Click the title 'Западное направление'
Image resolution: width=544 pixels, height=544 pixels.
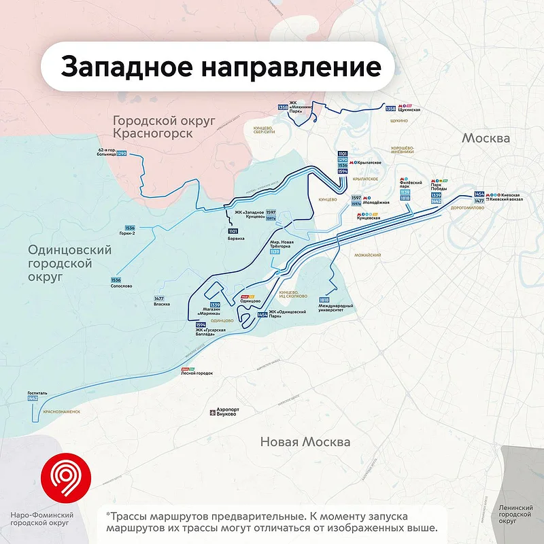pyautogui.click(x=220, y=67)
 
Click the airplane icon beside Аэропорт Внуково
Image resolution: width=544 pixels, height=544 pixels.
pyautogui.click(x=211, y=412)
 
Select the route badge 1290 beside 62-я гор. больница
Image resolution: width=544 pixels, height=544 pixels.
pyautogui.click(x=122, y=154)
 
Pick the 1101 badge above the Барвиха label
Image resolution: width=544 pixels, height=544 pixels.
pyautogui.click(x=233, y=232)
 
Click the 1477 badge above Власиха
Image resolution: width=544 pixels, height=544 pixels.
pyautogui.click(x=159, y=299)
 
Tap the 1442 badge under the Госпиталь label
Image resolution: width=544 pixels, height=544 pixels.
pyautogui.click(x=33, y=398)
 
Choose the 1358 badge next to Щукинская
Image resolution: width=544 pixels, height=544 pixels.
pyautogui.click(x=390, y=109)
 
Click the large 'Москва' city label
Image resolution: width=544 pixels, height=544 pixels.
pyautogui.click(x=486, y=138)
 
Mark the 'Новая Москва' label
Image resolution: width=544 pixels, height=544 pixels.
pyautogui.click(x=305, y=442)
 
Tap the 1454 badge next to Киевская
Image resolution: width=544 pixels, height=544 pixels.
pyautogui.click(x=479, y=194)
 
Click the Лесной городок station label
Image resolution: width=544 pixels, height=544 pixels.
pyautogui.click(x=197, y=373)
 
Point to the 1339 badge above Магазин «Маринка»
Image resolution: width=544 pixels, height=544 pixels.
pyautogui.click(x=215, y=305)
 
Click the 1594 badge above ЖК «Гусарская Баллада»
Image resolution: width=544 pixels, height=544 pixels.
pyautogui.click(x=192, y=324)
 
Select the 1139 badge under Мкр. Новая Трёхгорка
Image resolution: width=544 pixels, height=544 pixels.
pyautogui.click(x=275, y=252)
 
